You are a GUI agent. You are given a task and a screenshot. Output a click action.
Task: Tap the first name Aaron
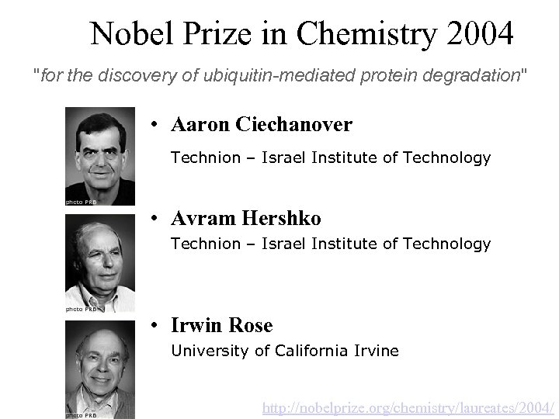[199, 124]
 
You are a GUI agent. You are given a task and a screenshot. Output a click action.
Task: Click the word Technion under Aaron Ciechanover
[206, 158]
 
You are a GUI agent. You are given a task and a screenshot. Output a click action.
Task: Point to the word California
[313, 351]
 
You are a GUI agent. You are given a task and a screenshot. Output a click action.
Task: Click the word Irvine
[375, 351]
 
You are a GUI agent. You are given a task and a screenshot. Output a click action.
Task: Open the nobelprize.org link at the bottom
[409, 407]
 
